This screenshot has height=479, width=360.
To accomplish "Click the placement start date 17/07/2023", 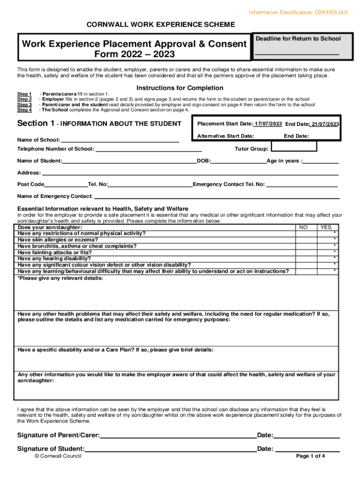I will (x=268, y=123).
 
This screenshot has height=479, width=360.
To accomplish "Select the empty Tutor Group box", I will (x=294, y=146).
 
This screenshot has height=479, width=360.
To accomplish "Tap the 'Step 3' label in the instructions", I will (x=24, y=105).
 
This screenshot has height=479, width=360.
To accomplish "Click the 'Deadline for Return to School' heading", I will (x=298, y=39).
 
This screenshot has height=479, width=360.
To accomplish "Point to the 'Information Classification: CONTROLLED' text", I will (x=298, y=12).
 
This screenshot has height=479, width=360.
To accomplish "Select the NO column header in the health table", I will (x=303, y=227).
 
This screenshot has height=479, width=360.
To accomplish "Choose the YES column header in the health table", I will (x=325, y=227).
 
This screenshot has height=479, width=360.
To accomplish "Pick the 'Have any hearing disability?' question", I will (x=54, y=258).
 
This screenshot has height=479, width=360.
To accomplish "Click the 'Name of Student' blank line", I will (x=129, y=161).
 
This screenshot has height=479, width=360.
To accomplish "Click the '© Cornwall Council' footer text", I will (x=58, y=456).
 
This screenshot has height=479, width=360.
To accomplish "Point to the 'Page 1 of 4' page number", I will (x=310, y=457).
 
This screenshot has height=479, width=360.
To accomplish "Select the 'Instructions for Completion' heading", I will (x=180, y=88).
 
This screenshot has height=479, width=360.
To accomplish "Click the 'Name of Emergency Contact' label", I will (x=54, y=196).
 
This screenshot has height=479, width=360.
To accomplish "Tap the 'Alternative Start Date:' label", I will (x=225, y=136).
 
